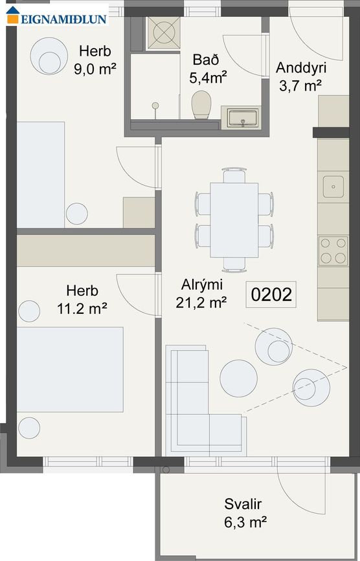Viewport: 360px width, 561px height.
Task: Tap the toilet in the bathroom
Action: pos(202,105)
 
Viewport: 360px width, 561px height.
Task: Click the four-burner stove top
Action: pos(333,250)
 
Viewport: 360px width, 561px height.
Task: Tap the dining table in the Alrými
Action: pos(234,219)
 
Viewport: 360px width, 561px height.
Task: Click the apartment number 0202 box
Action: pos(272,294)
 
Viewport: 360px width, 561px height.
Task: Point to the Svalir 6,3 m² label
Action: pos(245,512)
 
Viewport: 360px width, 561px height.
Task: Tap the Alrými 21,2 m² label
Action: pos(201,292)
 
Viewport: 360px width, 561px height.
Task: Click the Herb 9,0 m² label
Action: pos(95,60)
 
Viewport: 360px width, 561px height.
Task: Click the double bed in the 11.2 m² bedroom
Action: pos(69,369)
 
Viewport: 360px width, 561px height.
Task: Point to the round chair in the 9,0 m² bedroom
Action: pos(49,55)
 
